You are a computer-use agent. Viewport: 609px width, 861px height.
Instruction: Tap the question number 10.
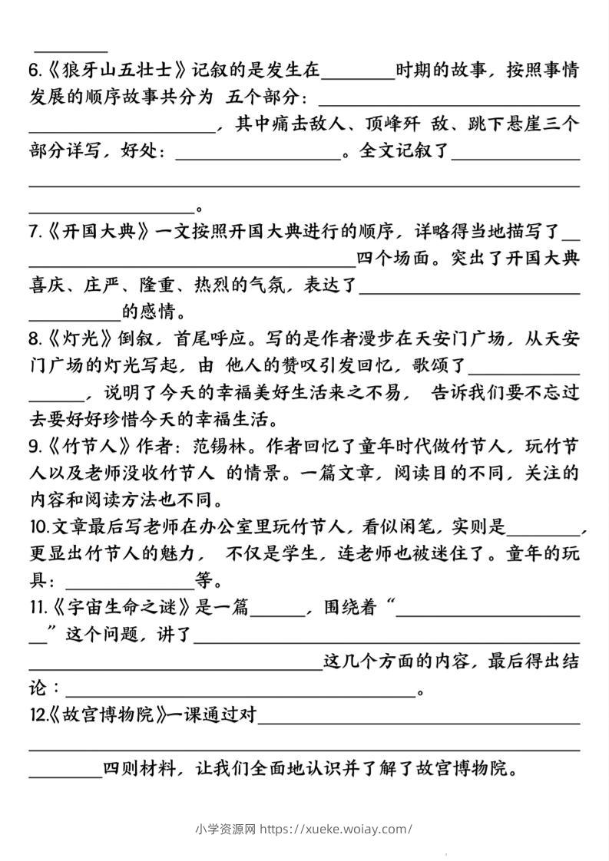click(x=38, y=527)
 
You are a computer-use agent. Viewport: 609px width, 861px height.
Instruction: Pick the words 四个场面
click(x=393, y=258)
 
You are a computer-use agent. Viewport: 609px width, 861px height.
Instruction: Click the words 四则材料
click(x=141, y=769)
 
